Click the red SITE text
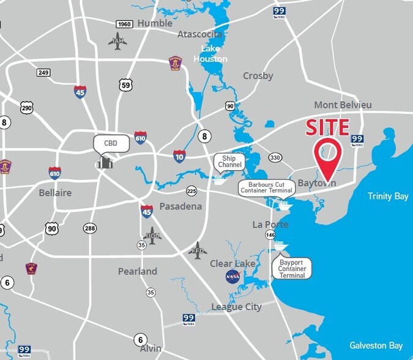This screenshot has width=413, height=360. coord(327,128)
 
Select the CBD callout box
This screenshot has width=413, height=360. coord(111,144)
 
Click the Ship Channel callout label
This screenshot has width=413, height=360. coord(229,162)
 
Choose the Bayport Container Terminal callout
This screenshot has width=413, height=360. coord(292,268)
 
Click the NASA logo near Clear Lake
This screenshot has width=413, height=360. coord(233,277)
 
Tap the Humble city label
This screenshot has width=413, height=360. coord(155,23)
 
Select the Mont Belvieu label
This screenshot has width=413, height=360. coord(343,105)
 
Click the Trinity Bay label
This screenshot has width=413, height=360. coord(388,196)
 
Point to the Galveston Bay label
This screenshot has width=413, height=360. coord(376,345)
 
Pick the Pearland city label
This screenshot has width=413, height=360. coord(138,271)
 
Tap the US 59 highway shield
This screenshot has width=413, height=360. coord(126,85)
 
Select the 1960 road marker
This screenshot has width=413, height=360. coord(125,24)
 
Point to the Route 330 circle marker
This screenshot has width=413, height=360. coord(275,157)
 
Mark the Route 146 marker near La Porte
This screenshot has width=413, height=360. coord(270,234)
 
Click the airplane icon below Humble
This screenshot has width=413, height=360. coord(117,41)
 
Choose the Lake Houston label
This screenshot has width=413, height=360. coord(210,54)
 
